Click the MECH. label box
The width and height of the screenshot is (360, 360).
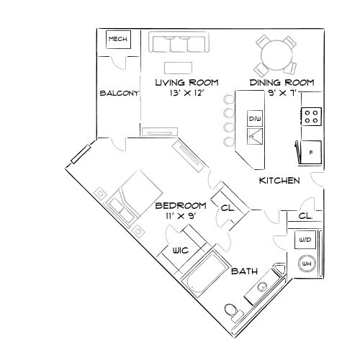pyautogui.click(x=117, y=40)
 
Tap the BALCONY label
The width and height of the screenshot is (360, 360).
pyautogui.click(x=119, y=93)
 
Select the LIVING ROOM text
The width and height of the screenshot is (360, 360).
pyautogui.click(x=187, y=83)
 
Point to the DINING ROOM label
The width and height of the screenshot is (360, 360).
pyautogui.click(x=282, y=83)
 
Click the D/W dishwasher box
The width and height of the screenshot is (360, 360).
pyautogui.click(x=254, y=117)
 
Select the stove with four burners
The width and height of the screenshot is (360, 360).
pyautogui.click(x=312, y=117)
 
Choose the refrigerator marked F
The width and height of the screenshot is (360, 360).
pyautogui.click(x=310, y=153)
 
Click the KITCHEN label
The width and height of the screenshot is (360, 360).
pyautogui.click(x=279, y=181)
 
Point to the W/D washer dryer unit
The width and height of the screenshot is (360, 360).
pyautogui.click(x=305, y=240)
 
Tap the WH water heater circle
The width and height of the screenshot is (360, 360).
pyautogui.click(x=305, y=264)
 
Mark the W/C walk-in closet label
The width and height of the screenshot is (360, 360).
pyautogui.click(x=179, y=251)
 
